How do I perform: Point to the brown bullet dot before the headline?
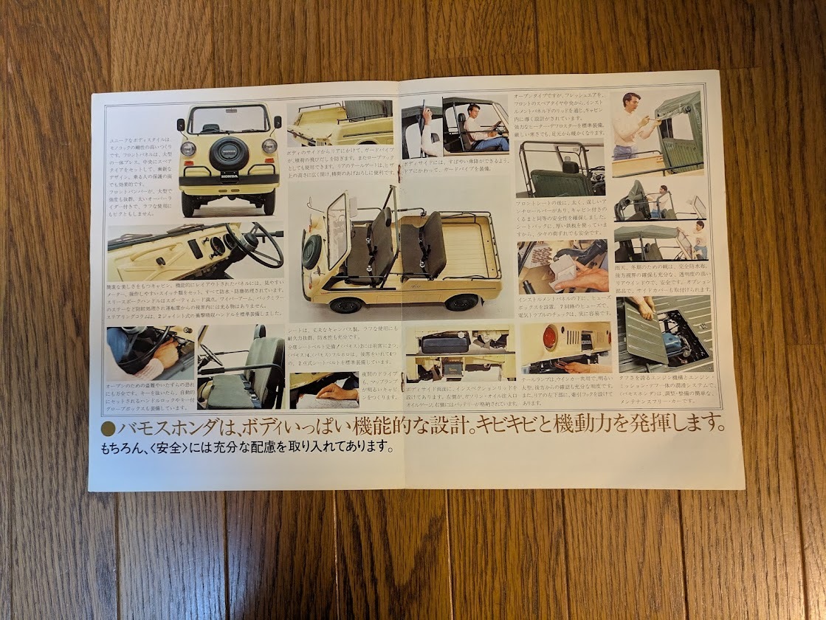coord(108,428)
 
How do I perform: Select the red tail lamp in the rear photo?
coord(549,337)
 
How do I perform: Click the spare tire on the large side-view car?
coord(312,250)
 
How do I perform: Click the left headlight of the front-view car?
coord(189,148)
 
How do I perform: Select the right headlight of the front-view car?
coord(269,146)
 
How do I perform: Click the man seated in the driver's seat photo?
coord(475,123)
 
